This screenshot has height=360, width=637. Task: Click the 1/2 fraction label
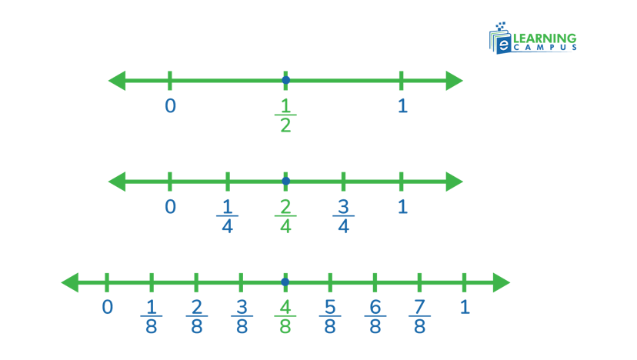tap(285, 115)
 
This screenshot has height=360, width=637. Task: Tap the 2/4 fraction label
tap(285, 216)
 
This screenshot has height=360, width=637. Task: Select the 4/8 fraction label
tap(285, 317)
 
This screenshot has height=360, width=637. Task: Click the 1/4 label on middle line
tap(227, 216)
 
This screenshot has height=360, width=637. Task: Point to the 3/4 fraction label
tap(343, 216)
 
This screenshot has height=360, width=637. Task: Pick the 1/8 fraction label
tap(151, 317)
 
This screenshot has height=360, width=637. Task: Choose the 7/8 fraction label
tap(419, 317)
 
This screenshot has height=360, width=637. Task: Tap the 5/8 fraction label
tap(330, 317)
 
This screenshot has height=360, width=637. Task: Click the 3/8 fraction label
tap(241, 317)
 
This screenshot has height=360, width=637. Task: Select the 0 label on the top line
tap(170, 105)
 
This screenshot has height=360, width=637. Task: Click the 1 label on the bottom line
tap(465, 308)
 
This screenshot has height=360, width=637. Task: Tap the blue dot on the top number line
tap(285, 80)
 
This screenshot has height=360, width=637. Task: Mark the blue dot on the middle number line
tap(285, 182)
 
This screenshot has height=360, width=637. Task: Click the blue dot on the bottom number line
tap(285, 282)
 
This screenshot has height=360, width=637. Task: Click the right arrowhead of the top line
tap(455, 80)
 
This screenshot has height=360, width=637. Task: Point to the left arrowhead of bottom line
tap(70, 282)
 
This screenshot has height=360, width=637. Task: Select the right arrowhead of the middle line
tap(455, 182)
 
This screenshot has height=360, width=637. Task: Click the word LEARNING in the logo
tap(544, 38)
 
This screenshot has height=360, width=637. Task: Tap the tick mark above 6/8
tap(375, 282)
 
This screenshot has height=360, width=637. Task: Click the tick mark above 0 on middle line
tap(170, 182)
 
